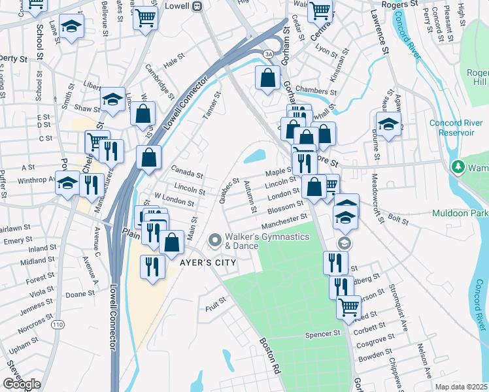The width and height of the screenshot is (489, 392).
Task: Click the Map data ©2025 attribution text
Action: pos(462,387)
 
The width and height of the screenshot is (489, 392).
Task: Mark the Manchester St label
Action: pos(285,220)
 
